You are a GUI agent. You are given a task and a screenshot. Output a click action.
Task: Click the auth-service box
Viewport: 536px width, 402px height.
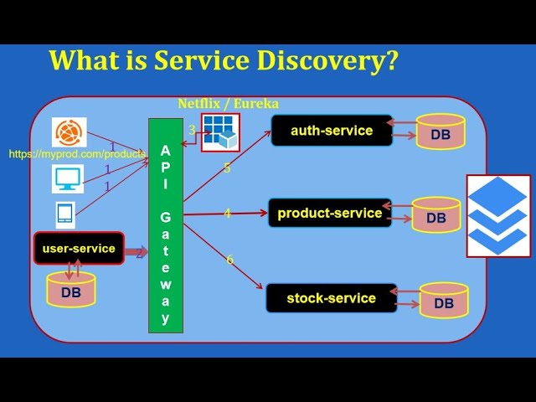pyautogui.click(x=332, y=131)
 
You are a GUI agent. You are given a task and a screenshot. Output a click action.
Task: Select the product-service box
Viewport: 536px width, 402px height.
pyautogui.click(x=329, y=214)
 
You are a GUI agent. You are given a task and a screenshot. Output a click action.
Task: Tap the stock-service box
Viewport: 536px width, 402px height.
pyautogui.click(x=331, y=298)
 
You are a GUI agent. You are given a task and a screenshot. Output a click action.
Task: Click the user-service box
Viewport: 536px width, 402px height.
pyautogui.click(x=79, y=248)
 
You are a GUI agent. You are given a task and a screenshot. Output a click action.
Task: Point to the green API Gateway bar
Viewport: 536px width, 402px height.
pyautogui.click(x=166, y=225)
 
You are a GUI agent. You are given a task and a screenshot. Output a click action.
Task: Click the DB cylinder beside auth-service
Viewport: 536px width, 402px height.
pyautogui.click(x=441, y=132)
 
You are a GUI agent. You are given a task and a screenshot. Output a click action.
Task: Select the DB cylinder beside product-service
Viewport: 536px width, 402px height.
pyautogui.click(x=436, y=215)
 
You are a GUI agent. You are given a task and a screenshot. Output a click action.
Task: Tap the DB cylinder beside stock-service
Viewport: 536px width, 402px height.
pyautogui.click(x=443, y=301)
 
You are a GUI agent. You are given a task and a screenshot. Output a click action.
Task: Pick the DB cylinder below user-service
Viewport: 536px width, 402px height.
pyautogui.click(x=71, y=291)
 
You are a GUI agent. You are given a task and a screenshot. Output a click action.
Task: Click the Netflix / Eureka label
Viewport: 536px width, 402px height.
pyautogui.click(x=228, y=104)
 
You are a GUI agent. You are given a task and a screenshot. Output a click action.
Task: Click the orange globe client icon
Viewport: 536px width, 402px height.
pyautogui.click(x=70, y=132)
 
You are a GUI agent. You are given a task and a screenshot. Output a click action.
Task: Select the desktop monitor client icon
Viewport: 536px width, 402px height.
pyautogui.click(x=68, y=178)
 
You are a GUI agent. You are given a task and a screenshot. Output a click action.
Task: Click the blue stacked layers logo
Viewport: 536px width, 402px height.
pyautogui.click(x=498, y=215)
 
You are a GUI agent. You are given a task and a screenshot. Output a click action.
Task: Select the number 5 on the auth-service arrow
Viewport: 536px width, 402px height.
pyautogui.click(x=227, y=168)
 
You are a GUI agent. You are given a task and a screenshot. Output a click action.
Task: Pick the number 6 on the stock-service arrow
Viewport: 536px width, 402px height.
pyautogui.click(x=230, y=260)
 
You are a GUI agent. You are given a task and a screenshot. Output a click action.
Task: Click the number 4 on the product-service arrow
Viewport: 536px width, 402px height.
pyautogui.click(x=227, y=214)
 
